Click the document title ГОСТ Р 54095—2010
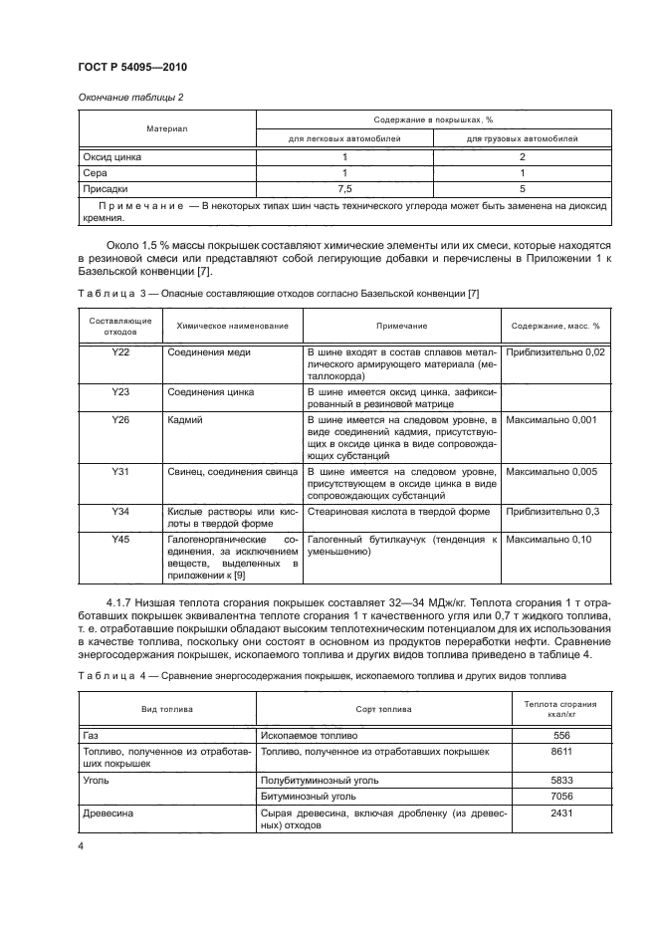click(132, 67)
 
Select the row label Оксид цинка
click(112, 157)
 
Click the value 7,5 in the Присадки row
click(344, 187)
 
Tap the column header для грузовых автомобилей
click(523, 138)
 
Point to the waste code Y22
click(121, 352)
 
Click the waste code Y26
click(121, 420)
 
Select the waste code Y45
click(121, 539)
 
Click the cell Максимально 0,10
click(550, 539)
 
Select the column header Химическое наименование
click(232, 326)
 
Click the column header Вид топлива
click(166, 709)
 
